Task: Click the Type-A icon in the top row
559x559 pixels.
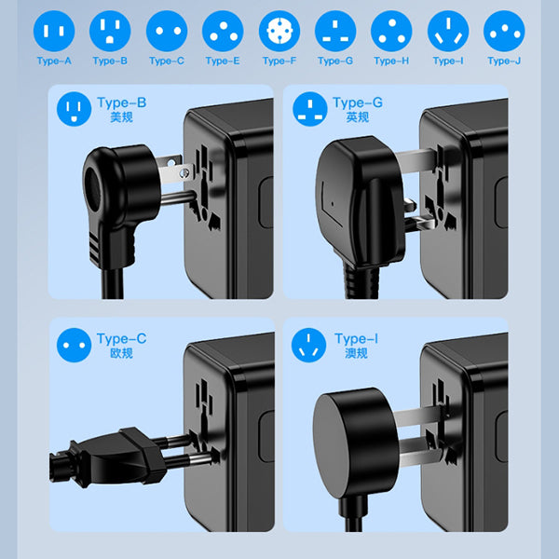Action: click(x=54, y=31)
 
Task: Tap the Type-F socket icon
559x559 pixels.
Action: click(x=279, y=31)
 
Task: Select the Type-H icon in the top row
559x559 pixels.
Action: click(x=391, y=31)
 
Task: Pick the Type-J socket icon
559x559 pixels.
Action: click(x=504, y=31)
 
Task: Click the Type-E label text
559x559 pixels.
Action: click(x=223, y=61)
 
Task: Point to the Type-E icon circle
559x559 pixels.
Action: click(x=223, y=31)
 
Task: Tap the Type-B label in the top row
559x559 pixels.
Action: click(x=110, y=61)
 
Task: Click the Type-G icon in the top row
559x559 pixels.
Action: click(x=335, y=31)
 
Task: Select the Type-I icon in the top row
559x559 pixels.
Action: click(x=448, y=31)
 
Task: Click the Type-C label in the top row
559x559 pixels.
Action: click(x=167, y=61)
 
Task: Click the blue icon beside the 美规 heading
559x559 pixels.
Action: click(x=74, y=109)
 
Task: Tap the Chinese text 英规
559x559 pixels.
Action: click(x=357, y=117)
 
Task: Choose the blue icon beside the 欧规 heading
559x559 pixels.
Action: click(x=74, y=345)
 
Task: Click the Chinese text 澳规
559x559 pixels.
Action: click(x=356, y=353)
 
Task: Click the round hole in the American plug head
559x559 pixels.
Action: click(x=93, y=184)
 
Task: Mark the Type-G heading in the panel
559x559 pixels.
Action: click(x=358, y=102)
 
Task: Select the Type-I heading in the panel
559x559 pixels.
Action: click(x=356, y=339)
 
